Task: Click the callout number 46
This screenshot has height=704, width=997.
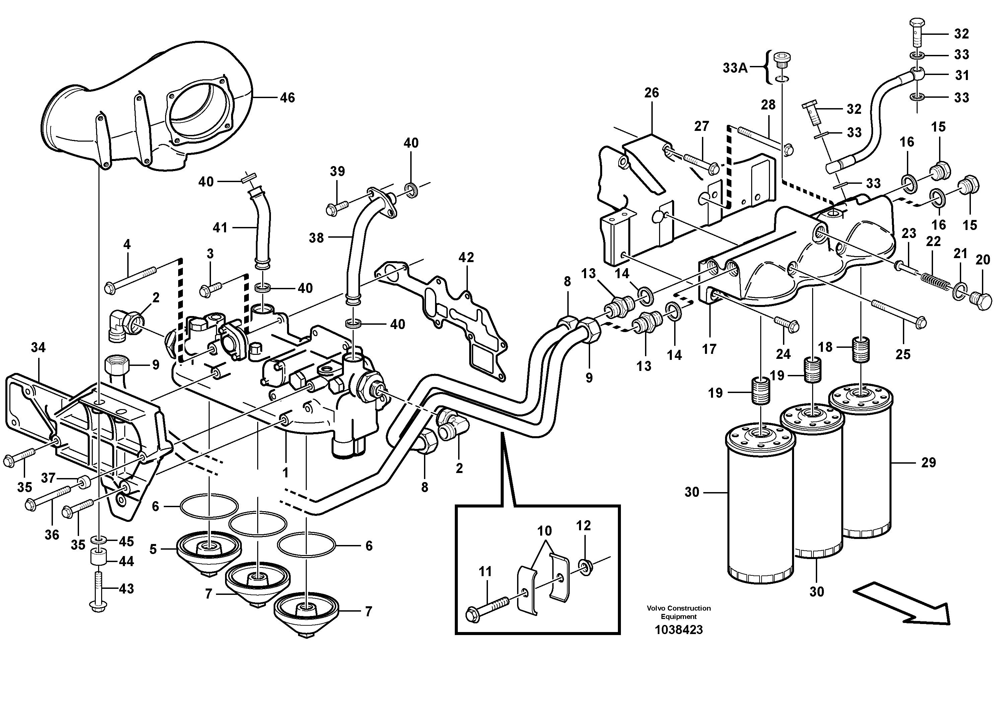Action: pos(287,98)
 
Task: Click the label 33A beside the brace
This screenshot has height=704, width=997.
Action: pos(735,68)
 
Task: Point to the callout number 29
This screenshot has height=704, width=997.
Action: pos(928,463)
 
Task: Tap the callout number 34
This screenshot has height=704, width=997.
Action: pos(38,347)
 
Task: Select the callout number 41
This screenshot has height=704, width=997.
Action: pos(220,227)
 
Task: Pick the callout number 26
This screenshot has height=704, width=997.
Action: pos(651,92)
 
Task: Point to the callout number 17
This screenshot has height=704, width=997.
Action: pos(709,349)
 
